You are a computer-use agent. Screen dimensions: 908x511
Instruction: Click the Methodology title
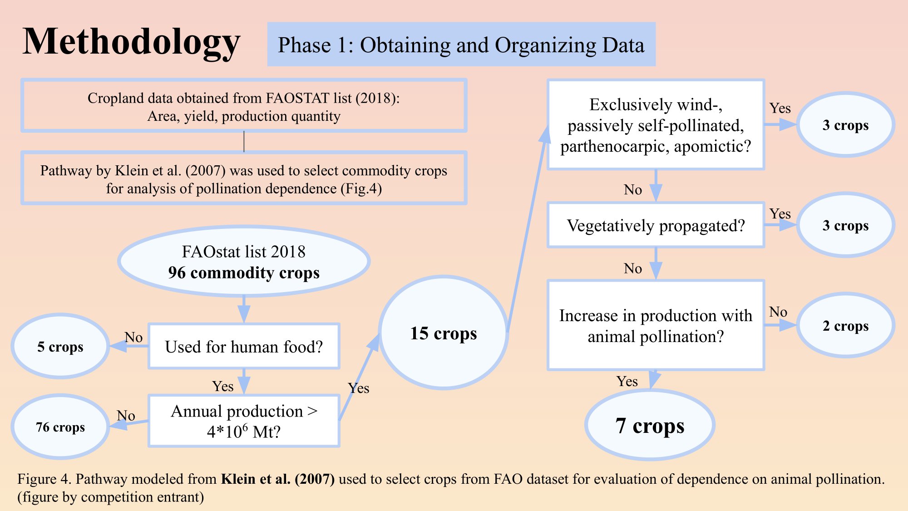pos(131,42)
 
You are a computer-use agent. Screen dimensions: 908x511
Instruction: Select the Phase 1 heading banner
pos(461,45)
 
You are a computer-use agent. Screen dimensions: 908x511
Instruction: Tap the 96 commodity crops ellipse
pos(244,262)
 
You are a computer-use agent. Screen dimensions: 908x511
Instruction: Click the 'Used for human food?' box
pos(244,346)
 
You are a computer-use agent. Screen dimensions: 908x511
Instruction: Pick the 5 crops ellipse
pos(60,346)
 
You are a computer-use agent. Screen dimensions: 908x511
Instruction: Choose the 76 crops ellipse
pos(60,427)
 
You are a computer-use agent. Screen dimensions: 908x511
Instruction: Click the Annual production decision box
pos(244,421)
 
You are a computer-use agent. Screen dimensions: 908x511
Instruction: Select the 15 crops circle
pos(444,333)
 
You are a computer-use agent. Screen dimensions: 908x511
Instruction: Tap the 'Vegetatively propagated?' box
pos(656,225)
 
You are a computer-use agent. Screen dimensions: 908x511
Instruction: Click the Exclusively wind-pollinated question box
pos(656,125)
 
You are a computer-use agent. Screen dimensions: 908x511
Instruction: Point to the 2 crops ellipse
pos(845,325)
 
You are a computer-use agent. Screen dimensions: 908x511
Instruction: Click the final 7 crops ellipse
pos(650,425)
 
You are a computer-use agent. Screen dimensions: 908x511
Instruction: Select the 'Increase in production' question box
pos(656,325)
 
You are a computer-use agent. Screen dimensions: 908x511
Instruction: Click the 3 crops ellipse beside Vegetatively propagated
pos(845,225)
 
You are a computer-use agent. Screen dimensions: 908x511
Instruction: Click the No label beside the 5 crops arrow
pos(133,337)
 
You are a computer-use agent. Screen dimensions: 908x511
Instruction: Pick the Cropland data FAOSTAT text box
pos(244,106)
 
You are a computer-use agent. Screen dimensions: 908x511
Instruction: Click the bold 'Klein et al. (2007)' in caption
pos(278,479)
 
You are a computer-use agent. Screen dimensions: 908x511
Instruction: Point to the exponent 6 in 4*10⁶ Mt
pos(245,427)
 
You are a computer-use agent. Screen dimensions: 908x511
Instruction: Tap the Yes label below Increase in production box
pos(627,381)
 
